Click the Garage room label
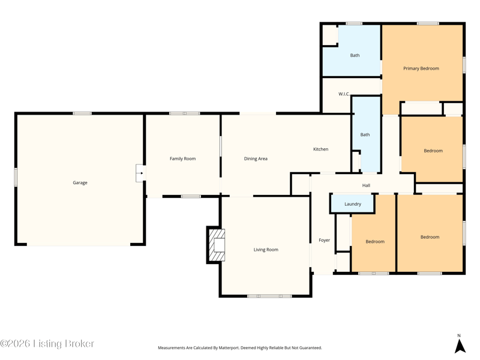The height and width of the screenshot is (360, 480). pyautogui.click(x=80, y=183)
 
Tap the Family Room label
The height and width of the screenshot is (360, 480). pyautogui.click(x=183, y=158)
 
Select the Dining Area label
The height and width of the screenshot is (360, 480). pyautogui.click(x=256, y=158)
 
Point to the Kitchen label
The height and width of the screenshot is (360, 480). pyautogui.click(x=321, y=149)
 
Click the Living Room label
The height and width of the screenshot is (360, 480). pyautogui.click(x=266, y=250)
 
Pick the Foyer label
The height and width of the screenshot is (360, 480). pyautogui.click(x=324, y=241)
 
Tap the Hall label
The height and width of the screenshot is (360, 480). pyautogui.click(x=366, y=185)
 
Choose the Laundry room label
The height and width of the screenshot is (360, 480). pyautogui.click(x=353, y=204)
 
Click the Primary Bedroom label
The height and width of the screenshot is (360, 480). pyautogui.click(x=421, y=68)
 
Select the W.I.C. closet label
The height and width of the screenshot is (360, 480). pyautogui.click(x=344, y=94)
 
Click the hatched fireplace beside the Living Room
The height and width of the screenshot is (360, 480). pyautogui.click(x=217, y=245)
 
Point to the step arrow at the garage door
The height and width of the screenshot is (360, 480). pyautogui.click(x=140, y=173)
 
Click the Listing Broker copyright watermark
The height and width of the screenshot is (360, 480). pyautogui.click(x=47, y=343)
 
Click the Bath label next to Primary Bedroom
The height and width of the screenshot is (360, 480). pyautogui.click(x=355, y=55)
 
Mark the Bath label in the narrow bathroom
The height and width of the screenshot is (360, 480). pyautogui.click(x=365, y=134)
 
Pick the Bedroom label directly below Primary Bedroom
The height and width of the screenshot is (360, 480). pyautogui.click(x=433, y=151)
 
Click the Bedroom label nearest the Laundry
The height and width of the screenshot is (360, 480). pyautogui.click(x=375, y=242)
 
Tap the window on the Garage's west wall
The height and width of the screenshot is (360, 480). pyautogui.click(x=16, y=177)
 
